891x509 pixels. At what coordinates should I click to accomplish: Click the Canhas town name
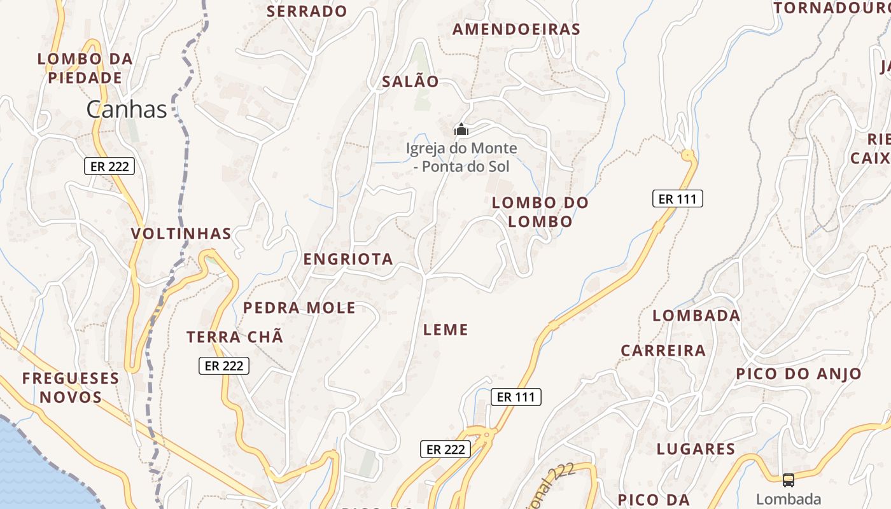click(x=127, y=109)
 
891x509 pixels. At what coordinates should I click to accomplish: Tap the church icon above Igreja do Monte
click(x=461, y=130)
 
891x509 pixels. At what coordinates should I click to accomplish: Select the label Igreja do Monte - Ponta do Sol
click(x=461, y=157)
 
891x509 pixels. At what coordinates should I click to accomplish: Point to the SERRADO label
click(x=307, y=11)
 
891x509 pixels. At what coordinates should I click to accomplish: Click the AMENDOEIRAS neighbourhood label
click(x=516, y=29)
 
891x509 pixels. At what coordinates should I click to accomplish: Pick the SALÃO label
click(x=410, y=81)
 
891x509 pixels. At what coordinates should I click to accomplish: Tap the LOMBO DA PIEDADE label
click(x=85, y=68)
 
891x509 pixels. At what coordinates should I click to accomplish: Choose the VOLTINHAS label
click(x=181, y=234)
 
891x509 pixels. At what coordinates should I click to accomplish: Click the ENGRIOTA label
click(x=348, y=259)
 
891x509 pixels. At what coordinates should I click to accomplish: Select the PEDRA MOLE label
click(x=299, y=308)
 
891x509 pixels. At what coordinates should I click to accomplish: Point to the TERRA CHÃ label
click(x=235, y=337)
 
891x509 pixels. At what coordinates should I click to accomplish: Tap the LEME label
click(x=445, y=330)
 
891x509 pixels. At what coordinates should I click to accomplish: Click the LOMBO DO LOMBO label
click(x=540, y=212)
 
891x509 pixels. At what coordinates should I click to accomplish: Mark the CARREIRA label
click(x=663, y=351)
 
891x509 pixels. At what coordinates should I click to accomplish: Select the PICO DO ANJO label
click(x=799, y=373)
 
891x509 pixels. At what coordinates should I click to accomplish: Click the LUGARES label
click(x=696, y=449)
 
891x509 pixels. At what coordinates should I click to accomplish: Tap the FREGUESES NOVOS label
click(x=71, y=387)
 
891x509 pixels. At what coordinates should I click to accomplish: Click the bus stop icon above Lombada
click(x=789, y=480)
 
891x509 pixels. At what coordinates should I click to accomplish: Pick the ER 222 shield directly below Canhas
click(x=109, y=167)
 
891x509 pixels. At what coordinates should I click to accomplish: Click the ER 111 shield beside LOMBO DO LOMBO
click(x=678, y=199)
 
